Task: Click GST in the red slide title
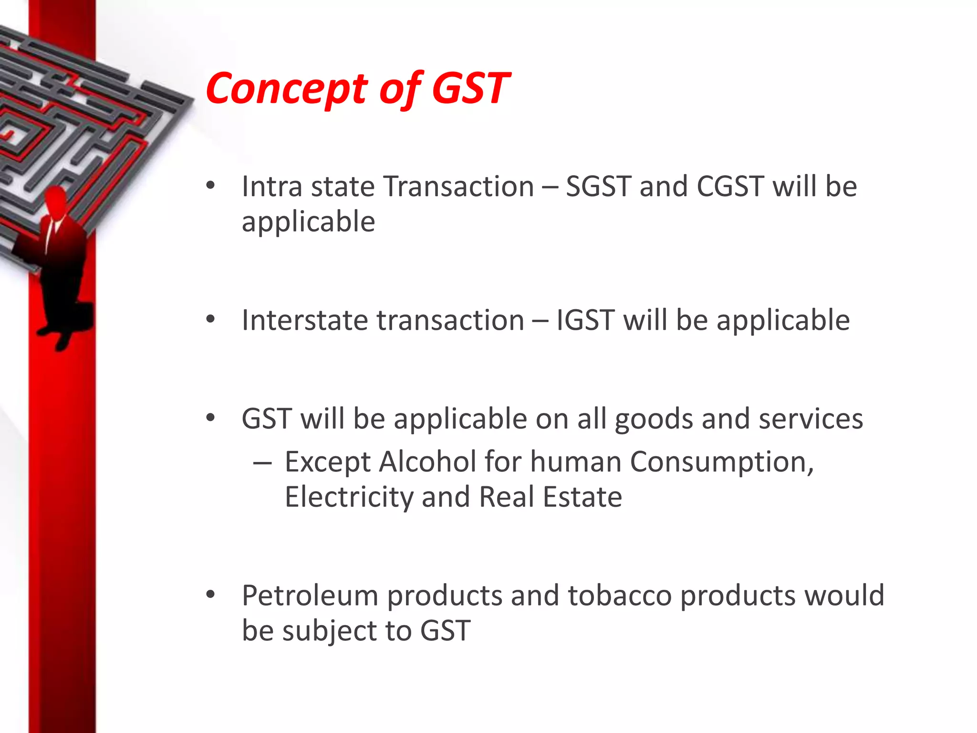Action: (470, 88)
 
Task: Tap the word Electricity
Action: (349, 497)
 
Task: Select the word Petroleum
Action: (310, 596)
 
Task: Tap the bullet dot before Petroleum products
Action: (210, 595)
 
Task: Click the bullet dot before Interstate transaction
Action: (210, 319)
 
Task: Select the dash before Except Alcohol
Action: (262, 463)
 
